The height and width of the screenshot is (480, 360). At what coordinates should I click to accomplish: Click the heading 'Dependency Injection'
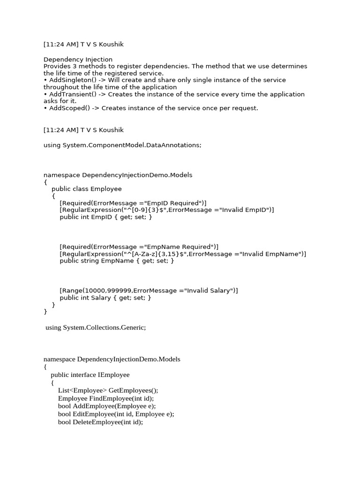pos(78,60)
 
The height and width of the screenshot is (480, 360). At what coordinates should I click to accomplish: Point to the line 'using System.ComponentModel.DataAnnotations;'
pos(122,145)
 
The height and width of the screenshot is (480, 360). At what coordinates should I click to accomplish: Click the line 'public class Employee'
pos(86,189)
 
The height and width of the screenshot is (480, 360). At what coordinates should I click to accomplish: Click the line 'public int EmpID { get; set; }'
pos(106,217)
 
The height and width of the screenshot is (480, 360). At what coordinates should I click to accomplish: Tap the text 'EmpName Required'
pos(179,247)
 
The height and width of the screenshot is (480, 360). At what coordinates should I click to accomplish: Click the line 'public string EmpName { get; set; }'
pos(117,261)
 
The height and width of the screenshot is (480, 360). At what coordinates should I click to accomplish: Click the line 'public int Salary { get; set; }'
pos(105,298)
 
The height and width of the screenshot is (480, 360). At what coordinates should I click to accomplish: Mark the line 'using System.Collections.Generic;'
pos(96,328)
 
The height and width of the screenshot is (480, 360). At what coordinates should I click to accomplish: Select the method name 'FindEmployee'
pos(108,398)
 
